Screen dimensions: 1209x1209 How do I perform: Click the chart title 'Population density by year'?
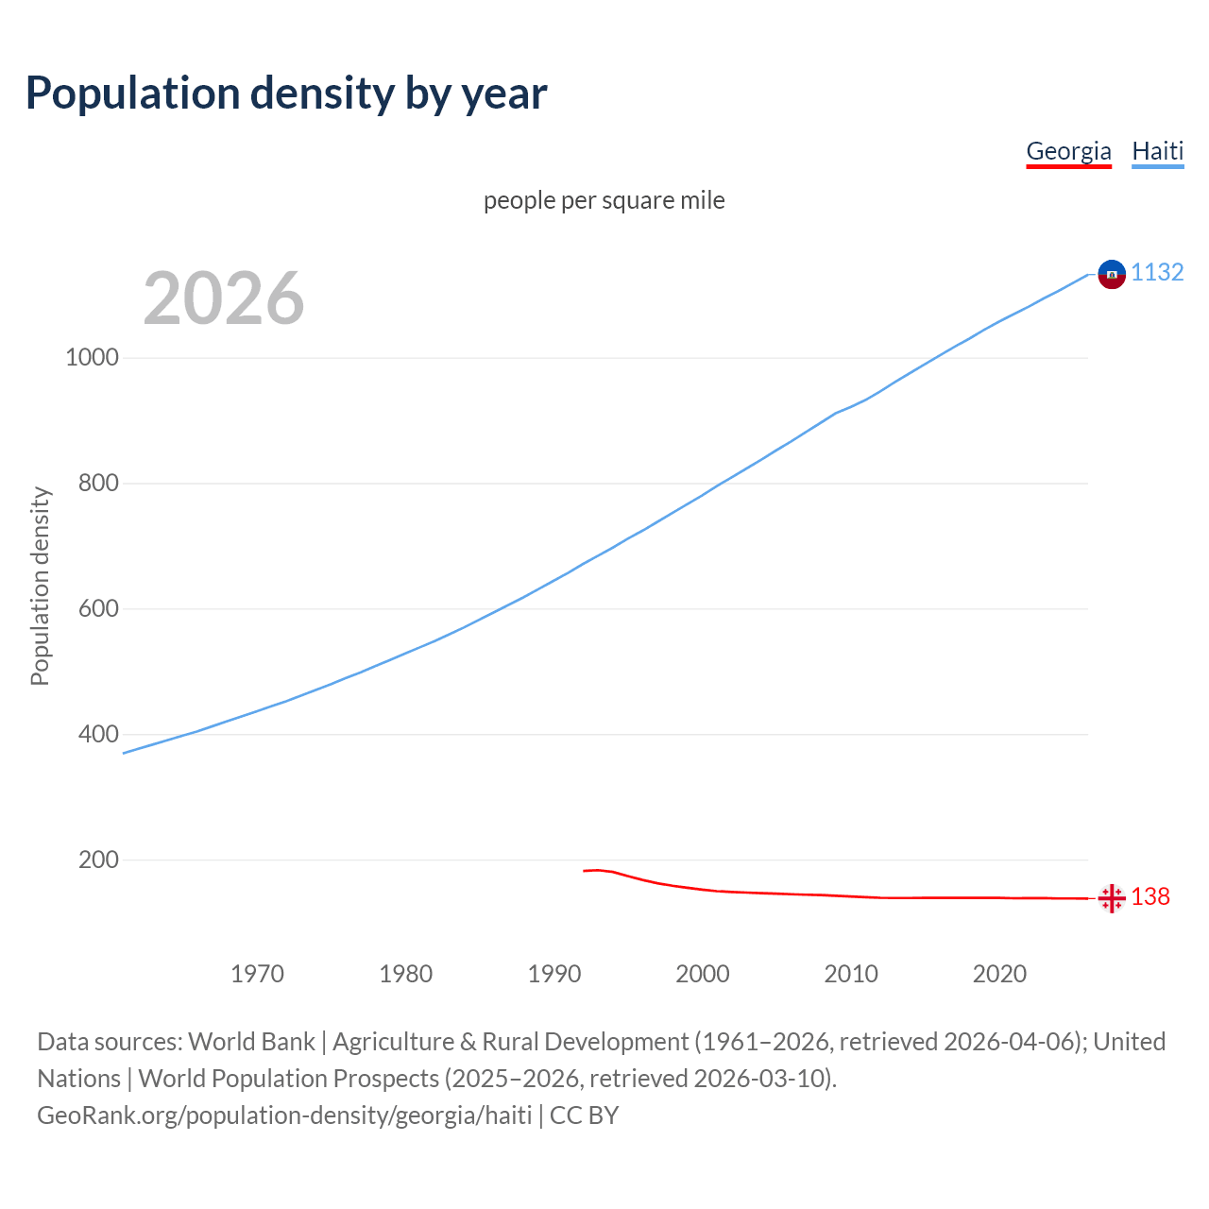point(286,94)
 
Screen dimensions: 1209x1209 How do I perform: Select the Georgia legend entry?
point(1068,151)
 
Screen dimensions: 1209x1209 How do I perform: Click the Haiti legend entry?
point(1157,151)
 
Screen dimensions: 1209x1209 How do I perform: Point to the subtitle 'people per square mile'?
point(604,201)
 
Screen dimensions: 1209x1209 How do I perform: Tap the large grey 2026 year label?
point(224,298)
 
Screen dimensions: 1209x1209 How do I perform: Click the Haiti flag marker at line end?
point(1112,274)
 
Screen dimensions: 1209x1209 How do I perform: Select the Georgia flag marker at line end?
point(1112,898)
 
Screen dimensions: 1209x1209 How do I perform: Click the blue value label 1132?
point(1157,273)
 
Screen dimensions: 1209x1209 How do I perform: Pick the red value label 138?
point(1150,897)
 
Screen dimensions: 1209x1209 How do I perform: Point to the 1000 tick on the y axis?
point(92,358)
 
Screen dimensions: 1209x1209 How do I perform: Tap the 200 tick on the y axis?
point(98,860)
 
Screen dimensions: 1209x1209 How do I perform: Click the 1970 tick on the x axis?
point(258,974)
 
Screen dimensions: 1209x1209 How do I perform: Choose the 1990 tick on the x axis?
point(554,974)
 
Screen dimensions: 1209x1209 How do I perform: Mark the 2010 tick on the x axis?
point(851,974)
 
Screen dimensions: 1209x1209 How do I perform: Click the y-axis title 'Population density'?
point(40,586)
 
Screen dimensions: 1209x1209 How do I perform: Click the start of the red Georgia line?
point(585,871)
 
